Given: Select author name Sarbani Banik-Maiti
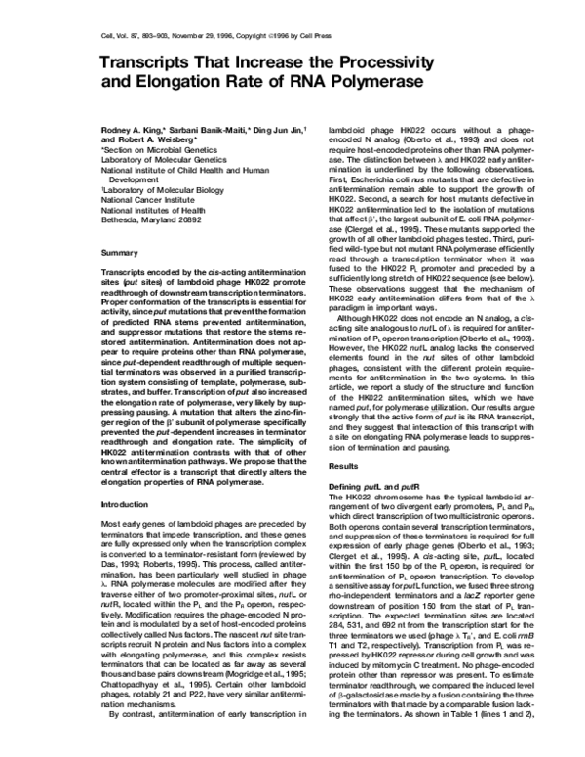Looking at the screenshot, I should pos(211,129).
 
